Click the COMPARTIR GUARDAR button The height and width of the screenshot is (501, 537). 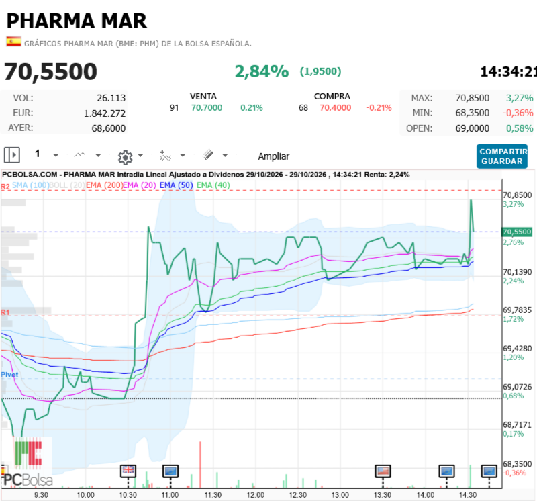pos(502,156)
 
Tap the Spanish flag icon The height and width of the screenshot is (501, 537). pos(13,42)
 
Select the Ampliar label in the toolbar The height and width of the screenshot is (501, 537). pos(274,156)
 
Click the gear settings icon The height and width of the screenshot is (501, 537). pos(126,157)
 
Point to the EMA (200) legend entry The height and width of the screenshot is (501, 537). pos(104,185)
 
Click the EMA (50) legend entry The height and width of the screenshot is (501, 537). pos(176,185)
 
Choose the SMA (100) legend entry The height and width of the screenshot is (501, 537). pos(31,185)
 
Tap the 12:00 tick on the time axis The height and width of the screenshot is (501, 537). pos(256,495)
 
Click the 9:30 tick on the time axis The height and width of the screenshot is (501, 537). pos(41,495)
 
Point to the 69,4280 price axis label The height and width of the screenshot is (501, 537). pos(517,349)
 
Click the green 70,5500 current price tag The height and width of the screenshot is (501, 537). pos(517,232)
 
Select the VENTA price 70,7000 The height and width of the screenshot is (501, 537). pos(207,108)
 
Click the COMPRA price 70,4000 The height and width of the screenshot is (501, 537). pos(335,108)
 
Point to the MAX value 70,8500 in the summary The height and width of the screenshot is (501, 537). pos(473,98)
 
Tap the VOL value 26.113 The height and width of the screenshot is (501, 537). pos(111,98)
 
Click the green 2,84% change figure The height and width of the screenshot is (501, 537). pos(262,71)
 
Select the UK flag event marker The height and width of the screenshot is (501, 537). pos(128,471)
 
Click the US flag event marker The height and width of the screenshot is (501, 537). pos(383,471)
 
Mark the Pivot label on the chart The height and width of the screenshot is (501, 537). pos(9,375)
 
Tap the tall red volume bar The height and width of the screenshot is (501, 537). pos(200,464)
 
